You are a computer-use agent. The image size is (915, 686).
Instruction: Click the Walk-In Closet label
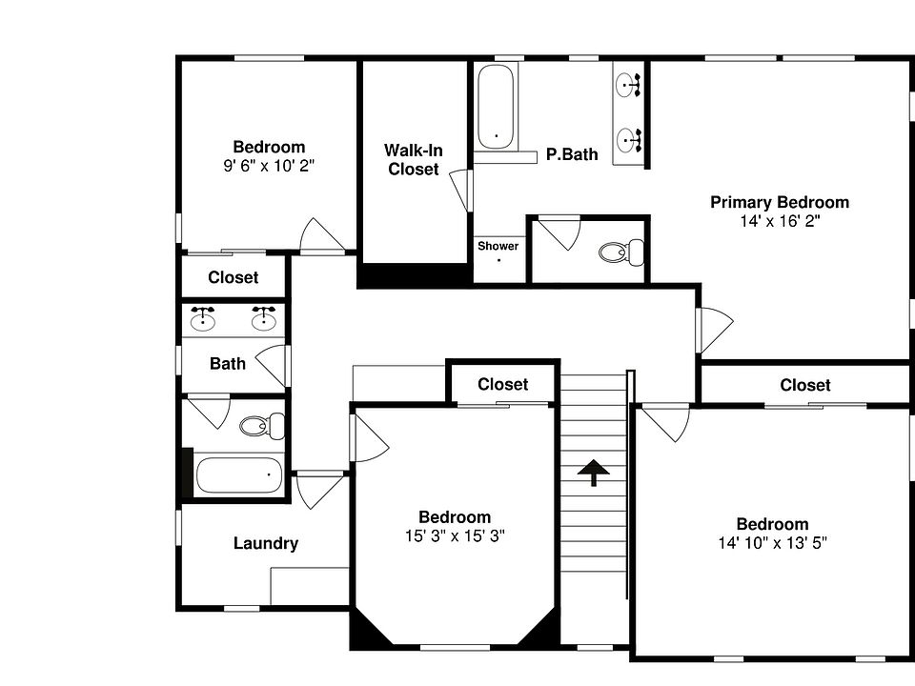[x=413, y=160]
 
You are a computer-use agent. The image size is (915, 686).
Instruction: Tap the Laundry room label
[x=266, y=544]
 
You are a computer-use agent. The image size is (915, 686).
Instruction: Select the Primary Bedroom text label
[x=779, y=202]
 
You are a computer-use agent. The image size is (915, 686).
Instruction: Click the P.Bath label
[x=572, y=154]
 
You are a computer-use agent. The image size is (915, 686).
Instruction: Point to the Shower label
[x=498, y=247]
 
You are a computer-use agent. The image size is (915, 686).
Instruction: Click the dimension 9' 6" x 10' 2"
[x=269, y=165]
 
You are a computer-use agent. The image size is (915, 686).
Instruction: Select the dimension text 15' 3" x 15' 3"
[x=455, y=535]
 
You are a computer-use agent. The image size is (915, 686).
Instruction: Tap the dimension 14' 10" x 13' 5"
[x=772, y=543]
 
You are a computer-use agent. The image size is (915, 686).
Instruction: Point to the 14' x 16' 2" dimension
[x=779, y=220]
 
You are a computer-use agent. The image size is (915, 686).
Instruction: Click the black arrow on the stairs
[x=594, y=471]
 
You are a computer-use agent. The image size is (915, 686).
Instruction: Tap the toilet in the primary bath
[x=621, y=253]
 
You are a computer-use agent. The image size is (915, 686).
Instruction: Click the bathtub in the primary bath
[x=496, y=107]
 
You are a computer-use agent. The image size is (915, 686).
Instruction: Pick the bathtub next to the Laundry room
[x=238, y=474]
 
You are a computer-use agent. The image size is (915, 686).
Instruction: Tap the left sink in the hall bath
[x=203, y=320]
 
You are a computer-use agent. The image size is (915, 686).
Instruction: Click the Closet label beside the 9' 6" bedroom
[x=233, y=278]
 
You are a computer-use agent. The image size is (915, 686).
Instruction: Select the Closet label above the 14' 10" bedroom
[x=804, y=385]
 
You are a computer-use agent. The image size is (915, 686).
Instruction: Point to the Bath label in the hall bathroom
[x=227, y=363]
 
